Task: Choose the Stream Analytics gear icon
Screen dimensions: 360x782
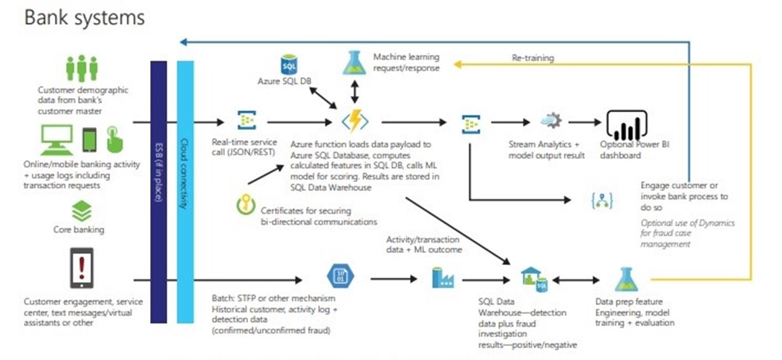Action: pyautogui.click(x=550, y=120)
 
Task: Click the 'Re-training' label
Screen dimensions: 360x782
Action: pyautogui.click(x=532, y=57)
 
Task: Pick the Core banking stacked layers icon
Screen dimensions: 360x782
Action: pyautogui.click(x=82, y=213)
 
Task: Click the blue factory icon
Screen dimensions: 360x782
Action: pyautogui.click(x=444, y=278)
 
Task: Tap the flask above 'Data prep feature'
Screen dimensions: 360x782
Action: pyautogui.click(x=625, y=279)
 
